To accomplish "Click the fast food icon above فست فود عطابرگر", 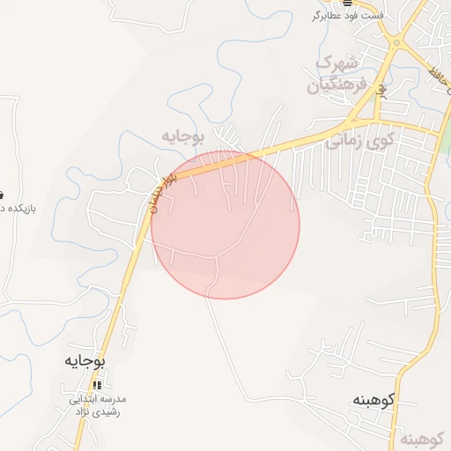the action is tap(347, 3).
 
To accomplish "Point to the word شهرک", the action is tap(339, 63).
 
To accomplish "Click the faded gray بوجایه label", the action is tap(183, 136).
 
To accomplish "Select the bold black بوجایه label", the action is tap(85, 361).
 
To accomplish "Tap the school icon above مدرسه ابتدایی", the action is tap(97, 385).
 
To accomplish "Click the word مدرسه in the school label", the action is tap(123, 398).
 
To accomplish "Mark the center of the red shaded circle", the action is tap(225, 225).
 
